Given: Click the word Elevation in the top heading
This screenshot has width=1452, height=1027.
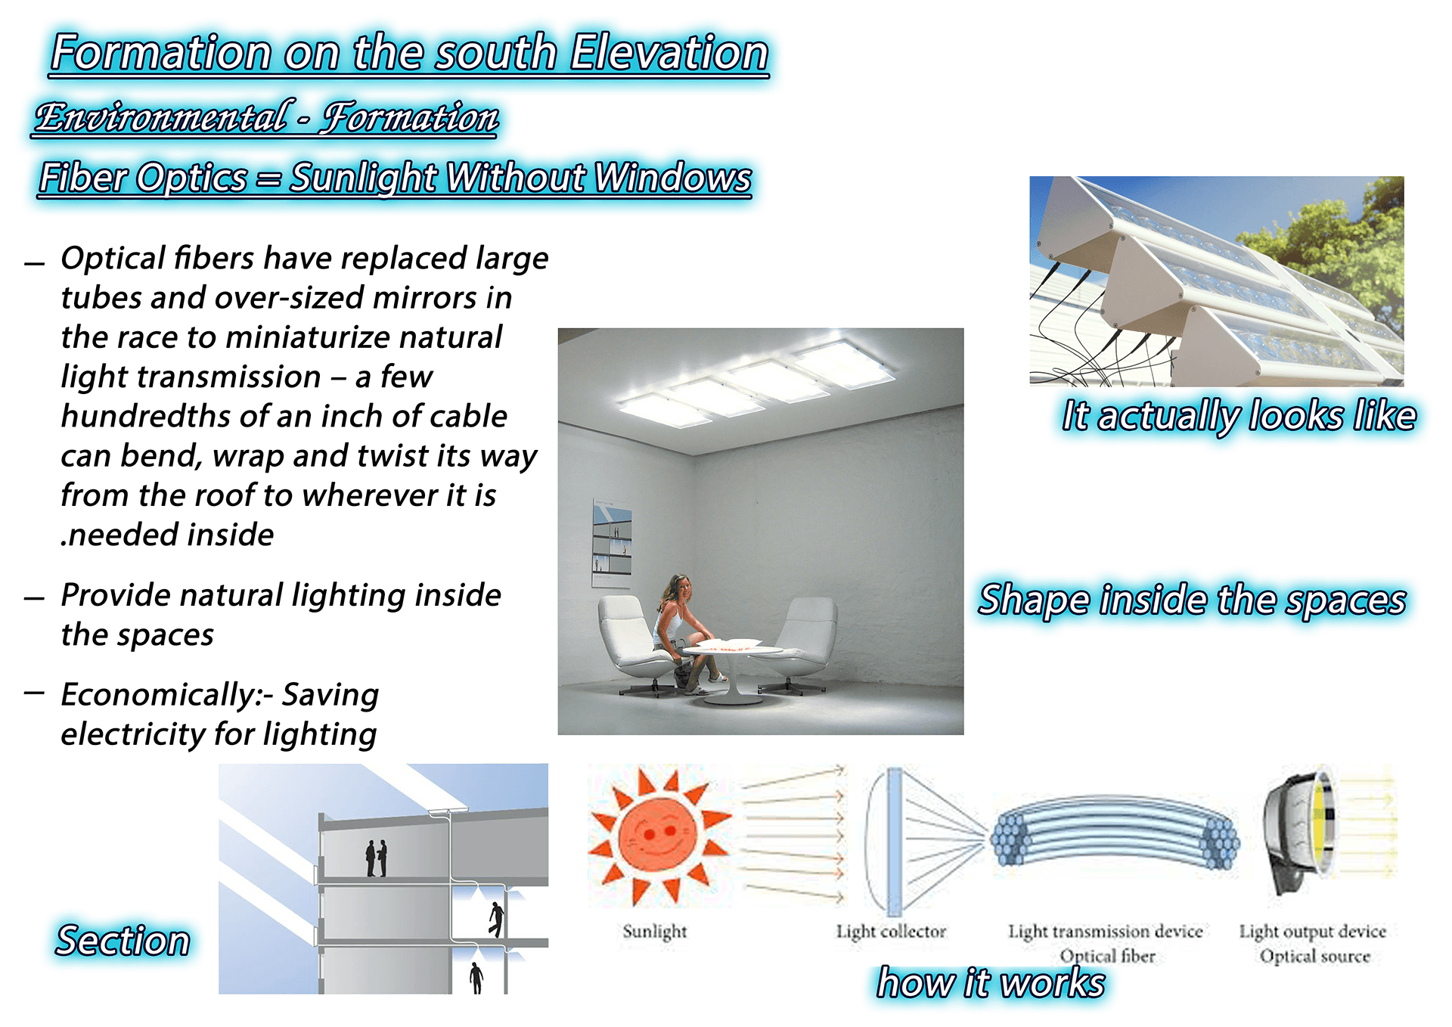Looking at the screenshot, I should click(669, 53).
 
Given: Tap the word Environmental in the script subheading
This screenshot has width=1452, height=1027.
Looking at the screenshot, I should click(161, 118).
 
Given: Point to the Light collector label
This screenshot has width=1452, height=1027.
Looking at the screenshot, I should click(891, 931).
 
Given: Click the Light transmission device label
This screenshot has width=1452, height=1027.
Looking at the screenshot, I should click(1105, 931).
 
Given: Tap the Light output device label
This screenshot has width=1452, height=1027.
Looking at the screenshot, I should click(1312, 931).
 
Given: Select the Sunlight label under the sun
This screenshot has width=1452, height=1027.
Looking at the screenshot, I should click(654, 931).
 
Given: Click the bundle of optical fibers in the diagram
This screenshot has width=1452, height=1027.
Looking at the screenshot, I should click(1115, 836).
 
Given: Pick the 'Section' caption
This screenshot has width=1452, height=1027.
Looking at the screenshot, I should click(123, 941).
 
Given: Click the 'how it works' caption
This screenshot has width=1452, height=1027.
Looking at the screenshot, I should click(991, 983).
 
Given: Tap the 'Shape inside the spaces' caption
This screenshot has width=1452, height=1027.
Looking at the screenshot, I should click(1192, 600).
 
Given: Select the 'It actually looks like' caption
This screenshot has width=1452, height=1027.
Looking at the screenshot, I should click(1238, 416).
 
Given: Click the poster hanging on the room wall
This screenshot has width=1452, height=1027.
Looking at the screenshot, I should click(611, 543).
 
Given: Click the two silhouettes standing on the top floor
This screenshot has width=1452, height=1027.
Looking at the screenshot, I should click(377, 858).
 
